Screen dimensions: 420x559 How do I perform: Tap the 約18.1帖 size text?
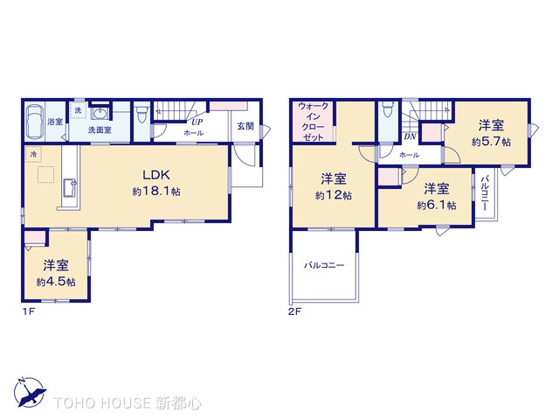(x=156, y=190)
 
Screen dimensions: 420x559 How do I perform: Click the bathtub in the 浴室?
(x=35, y=122)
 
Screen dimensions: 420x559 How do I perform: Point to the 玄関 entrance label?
(x=245, y=126)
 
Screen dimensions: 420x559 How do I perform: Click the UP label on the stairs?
(x=198, y=121)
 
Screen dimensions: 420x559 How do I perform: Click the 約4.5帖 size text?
(x=56, y=282)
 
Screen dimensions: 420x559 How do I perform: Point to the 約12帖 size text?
(x=334, y=196)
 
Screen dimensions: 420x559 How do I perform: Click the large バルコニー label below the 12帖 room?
(x=324, y=264)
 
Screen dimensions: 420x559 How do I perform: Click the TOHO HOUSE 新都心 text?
(x=128, y=403)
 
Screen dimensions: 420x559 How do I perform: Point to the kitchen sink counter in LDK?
(x=70, y=186)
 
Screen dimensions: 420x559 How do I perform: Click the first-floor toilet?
(x=141, y=114)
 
